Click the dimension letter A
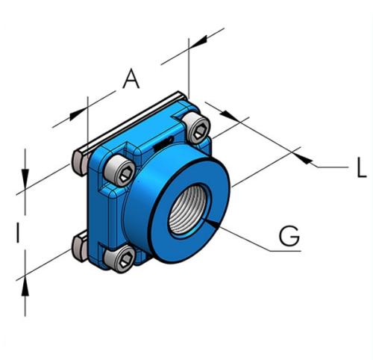coord(131,78)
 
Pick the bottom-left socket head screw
coord(121,261)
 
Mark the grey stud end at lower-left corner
coord(79,249)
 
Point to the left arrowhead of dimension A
coord(80,113)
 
